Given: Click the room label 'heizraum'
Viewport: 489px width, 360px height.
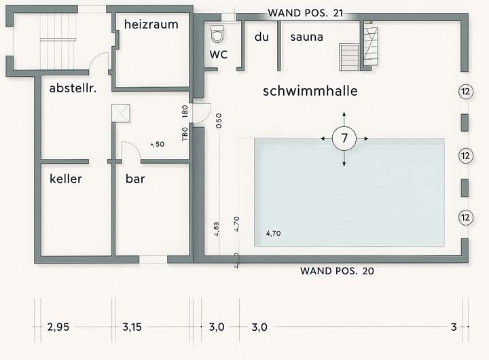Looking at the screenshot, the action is [x=151, y=24].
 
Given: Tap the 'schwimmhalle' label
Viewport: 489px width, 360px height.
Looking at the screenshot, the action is [x=310, y=90].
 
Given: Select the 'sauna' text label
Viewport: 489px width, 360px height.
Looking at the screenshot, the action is [x=306, y=37].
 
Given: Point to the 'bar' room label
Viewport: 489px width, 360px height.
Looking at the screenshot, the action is [x=135, y=180].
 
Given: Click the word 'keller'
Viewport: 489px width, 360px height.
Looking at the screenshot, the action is [x=66, y=179].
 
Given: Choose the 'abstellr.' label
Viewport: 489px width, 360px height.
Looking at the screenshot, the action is [x=73, y=88].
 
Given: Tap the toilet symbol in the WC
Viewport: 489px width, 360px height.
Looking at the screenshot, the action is [x=217, y=33].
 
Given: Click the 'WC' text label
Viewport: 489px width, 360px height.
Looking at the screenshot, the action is [x=218, y=54].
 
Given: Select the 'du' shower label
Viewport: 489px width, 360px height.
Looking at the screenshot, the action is [x=261, y=37].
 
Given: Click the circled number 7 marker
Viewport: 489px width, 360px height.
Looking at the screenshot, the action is [x=344, y=139].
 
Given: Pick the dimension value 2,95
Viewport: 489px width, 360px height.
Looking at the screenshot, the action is [x=59, y=327].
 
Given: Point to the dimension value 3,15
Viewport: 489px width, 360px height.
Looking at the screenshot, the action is [x=133, y=327].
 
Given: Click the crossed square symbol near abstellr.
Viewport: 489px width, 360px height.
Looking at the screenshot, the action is [x=122, y=113].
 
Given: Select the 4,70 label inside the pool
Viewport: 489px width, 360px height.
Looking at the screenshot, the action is [x=273, y=233].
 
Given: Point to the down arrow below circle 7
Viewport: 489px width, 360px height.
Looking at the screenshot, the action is [x=344, y=162].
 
